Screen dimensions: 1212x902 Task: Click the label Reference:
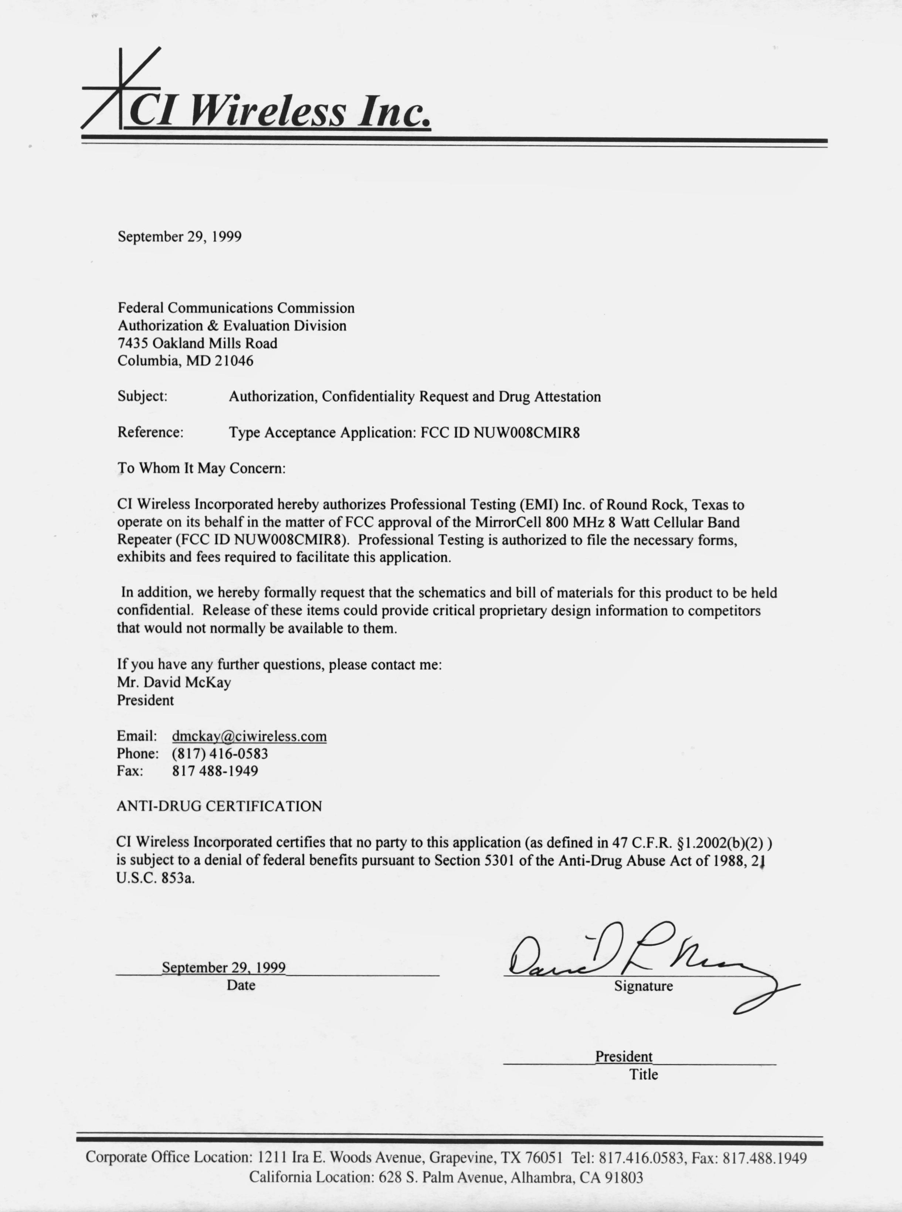(x=150, y=432)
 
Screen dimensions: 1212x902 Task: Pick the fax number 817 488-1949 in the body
(x=215, y=771)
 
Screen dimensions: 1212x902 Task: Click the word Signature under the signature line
(x=643, y=986)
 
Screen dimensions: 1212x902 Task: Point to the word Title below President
(x=643, y=1075)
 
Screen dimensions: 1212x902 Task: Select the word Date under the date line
(x=241, y=985)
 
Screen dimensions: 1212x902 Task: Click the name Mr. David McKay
(x=174, y=682)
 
